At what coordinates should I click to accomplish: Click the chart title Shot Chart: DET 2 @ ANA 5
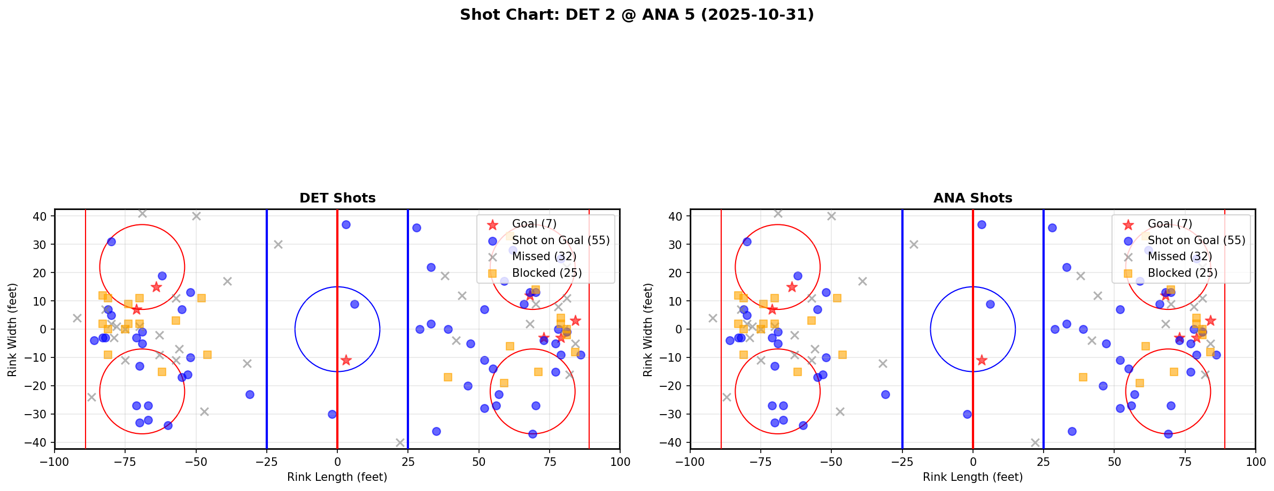pyautogui.click(x=636, y=15)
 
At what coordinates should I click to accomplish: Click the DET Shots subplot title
pyautogui.click(x=337, y=198)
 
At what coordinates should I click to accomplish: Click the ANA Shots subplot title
pyautogui.click(x=972, y=198)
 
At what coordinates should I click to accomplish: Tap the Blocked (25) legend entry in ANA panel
pyautogui.click(x=1182, y=273)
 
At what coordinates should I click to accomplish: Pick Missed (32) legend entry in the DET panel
pyautogui.click(x=544, y=256)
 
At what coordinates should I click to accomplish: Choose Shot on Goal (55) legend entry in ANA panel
pyautogui.click(x=1196, y=240)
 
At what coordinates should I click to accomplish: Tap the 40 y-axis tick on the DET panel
pyautogui.click(x=42, y=216)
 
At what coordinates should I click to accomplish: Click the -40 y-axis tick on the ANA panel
pyautogui.click(x=675, y=442)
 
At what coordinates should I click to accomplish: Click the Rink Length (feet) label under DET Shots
pyautogui.click(x=337, y=477)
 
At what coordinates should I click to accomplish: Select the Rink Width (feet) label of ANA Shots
pyautogui.click(x=648, y=330)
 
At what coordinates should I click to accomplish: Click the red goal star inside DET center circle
pyautogui.click(x=346, y=360)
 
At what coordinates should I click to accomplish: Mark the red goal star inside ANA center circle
pyautogui.click(x=982, y=360)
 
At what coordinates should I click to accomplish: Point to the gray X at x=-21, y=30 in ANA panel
pyautogui.click(x=914, y=244)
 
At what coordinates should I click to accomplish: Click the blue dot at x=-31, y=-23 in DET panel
pyautogui.click(x=250, y=394)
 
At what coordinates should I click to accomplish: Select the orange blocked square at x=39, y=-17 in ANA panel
pyautogui.click(x=1083, y=377)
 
